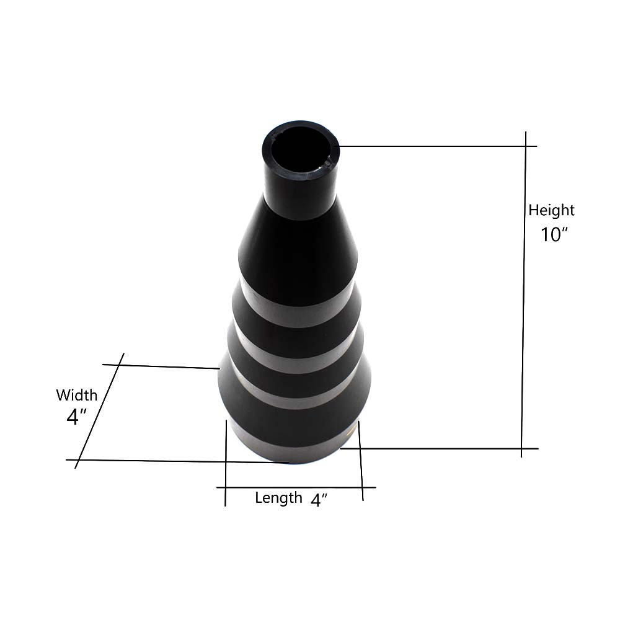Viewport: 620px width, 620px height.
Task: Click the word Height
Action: click(551, 210)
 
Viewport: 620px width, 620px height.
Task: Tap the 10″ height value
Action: click(554, 234)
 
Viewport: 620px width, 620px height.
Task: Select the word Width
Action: click(76, 395)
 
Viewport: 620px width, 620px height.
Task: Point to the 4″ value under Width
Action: click(76, 417)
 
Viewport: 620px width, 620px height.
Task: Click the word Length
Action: click(278, 498)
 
